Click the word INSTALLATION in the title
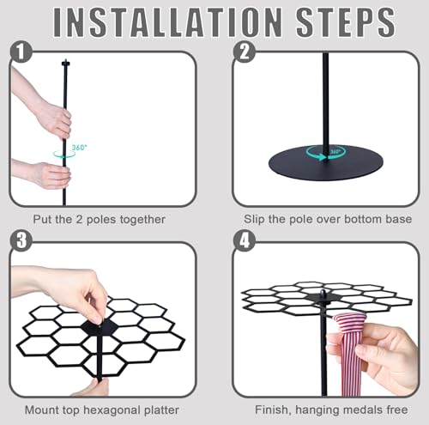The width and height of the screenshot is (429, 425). pos(168,22)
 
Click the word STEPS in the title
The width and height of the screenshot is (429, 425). pos(346,22)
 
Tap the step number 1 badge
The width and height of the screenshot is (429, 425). pos(21,52)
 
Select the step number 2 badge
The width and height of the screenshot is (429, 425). pos(244,52)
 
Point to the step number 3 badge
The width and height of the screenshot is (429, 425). pos(21,240)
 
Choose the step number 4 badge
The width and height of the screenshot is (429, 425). pos(244,240)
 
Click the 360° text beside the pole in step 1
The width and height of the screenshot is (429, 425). pos(79,148)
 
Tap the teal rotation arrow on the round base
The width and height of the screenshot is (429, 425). pos(326,152)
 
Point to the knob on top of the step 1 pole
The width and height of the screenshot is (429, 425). pos(66,63)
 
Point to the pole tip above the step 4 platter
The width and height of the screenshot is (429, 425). pos(323,293)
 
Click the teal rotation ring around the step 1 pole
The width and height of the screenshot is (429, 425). pos(64,154)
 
